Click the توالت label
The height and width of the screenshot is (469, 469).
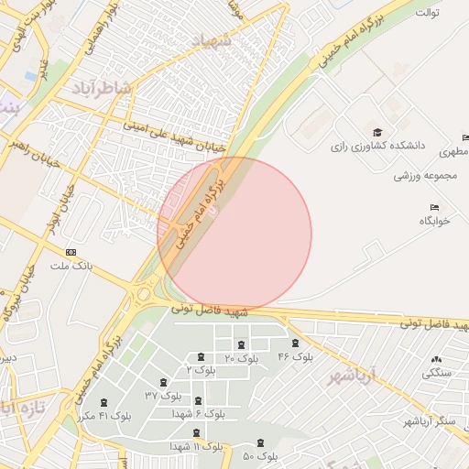click(x=428, y=13)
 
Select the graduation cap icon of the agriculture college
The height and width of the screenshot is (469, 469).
click(x=376, y=132)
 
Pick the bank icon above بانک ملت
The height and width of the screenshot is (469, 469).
click(x=71, y=252)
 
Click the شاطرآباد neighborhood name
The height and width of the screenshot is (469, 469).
click(x=101, y=87)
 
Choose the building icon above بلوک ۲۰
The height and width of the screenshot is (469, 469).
click(x=241, y=345)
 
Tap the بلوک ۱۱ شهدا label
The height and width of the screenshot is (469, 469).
click(x=196, y=446)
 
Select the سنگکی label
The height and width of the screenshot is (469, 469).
click(x=436, y=373)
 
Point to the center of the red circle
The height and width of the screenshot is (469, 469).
click(x=234, y=234)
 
